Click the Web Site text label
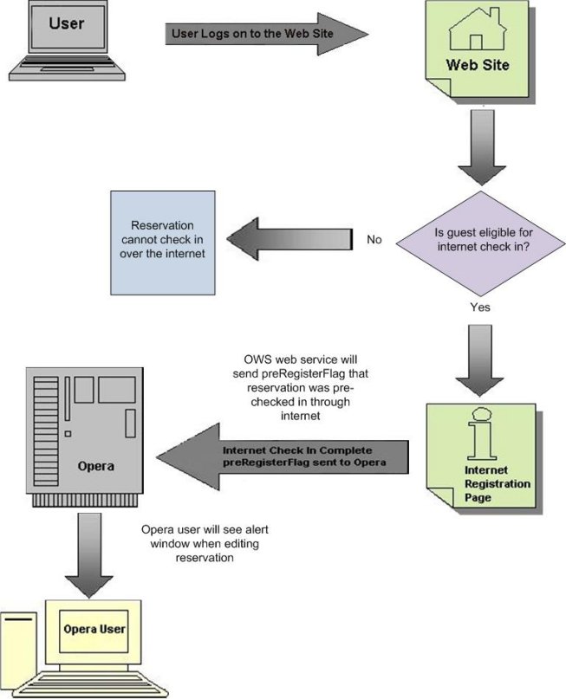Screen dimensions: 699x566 click(x=478, y=65)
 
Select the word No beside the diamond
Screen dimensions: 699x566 click(x=374, y=240)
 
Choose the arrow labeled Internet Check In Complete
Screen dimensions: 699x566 click(x=286, y=457)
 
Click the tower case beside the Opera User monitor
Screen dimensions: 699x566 click(x=19, y=654)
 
